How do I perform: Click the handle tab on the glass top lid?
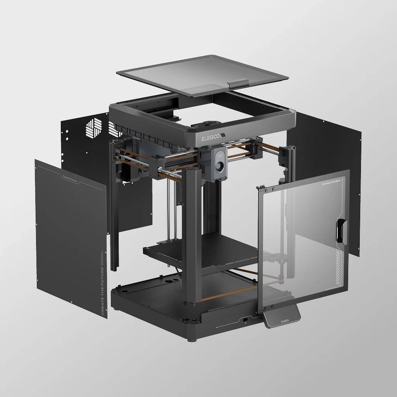(x=238, y=83)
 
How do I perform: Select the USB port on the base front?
(x=245, y=319)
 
